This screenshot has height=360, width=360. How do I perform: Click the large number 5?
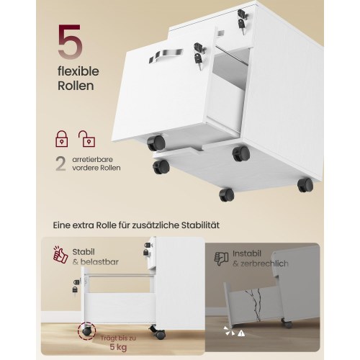[70, 42]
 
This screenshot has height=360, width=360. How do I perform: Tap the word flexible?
[78, 71]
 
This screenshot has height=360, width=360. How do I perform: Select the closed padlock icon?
[62, 139]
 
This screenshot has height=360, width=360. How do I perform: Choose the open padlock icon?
[87, 139]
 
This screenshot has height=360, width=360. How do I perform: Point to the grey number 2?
[60, 163]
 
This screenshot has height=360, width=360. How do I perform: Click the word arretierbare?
[92, 160]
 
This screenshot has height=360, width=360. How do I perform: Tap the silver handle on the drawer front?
[166, 55]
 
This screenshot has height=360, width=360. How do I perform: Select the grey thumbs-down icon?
[221, 259]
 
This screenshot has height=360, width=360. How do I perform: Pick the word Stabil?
[84, 252]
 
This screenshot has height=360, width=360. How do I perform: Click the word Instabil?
[247, 253]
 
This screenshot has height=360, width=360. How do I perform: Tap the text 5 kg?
[118, 347]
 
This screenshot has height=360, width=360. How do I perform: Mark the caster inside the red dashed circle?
[86, 331]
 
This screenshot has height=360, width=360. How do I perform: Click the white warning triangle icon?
[241, 333]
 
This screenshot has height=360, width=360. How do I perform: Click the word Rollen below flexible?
[76, 86]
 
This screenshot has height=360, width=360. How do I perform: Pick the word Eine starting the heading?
[62, 225]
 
